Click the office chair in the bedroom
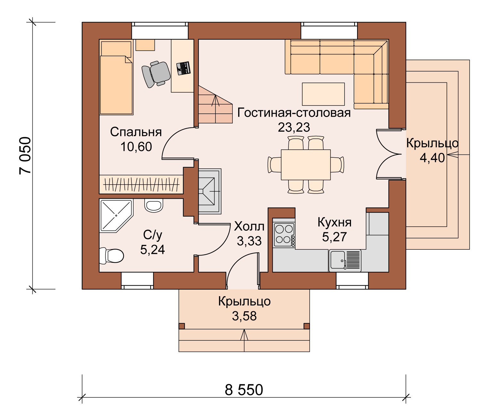click(156, 74)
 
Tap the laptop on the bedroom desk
click(183, 68)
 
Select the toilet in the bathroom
click(111, 256)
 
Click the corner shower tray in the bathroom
click(116, 216)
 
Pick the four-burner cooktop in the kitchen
click(284, 235)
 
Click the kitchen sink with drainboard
click(345, 261)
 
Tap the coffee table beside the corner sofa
click(323, 94)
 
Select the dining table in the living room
click(306, 165)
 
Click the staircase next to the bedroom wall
click(215, 105)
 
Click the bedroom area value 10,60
click(136, 146)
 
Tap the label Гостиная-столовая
click(294, 113)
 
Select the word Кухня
click(334, 222)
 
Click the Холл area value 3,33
click(249, 241)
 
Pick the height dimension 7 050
click(25, 155)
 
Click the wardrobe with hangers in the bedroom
click(141, 184)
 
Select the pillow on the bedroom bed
click(116, 49)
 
